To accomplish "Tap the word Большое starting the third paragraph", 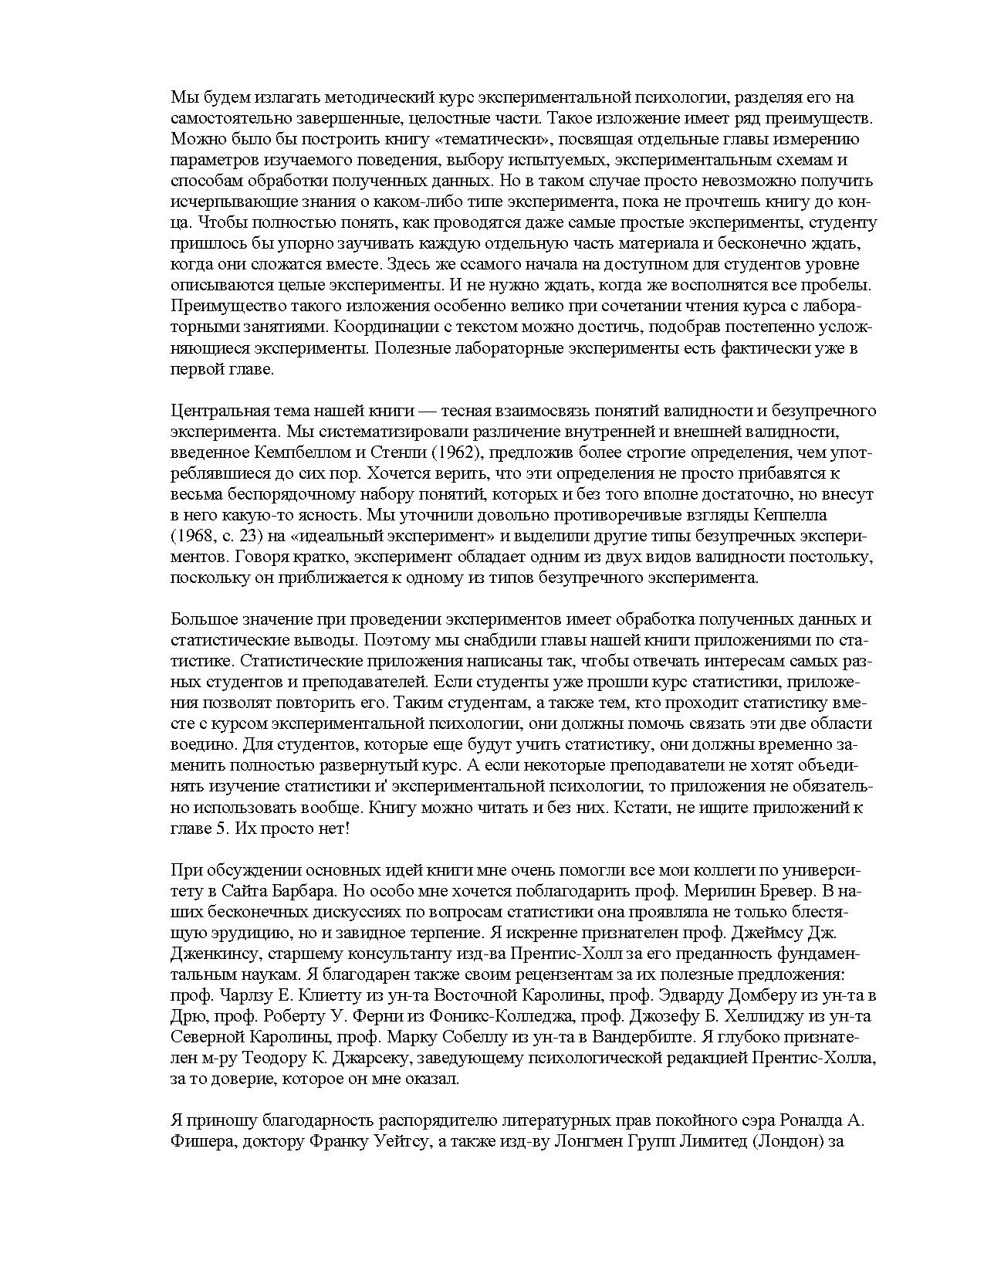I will [x=199, y=619].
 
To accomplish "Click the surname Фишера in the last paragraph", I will [x=200, y=1142].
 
